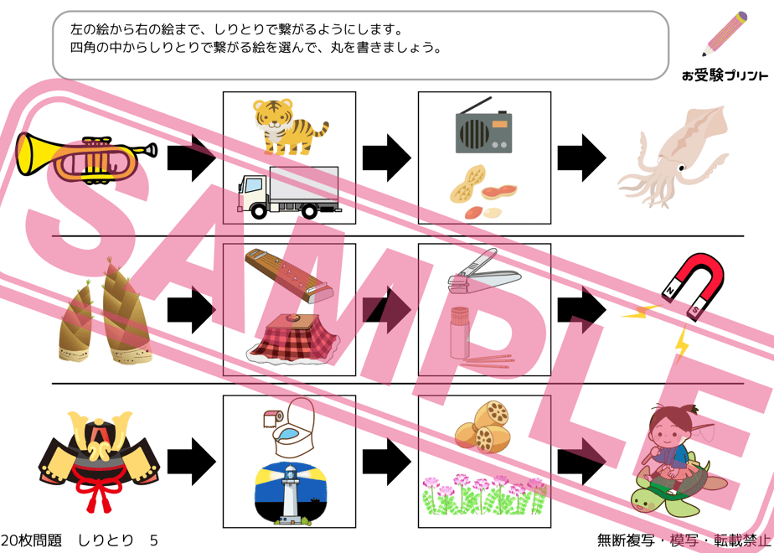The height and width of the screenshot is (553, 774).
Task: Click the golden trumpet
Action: pos(84,156)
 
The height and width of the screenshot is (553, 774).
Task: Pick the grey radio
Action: pos(483,127)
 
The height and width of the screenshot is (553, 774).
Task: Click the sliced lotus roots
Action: pos(481,427)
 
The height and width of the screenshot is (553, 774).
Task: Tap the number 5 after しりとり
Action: pos(153,540)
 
